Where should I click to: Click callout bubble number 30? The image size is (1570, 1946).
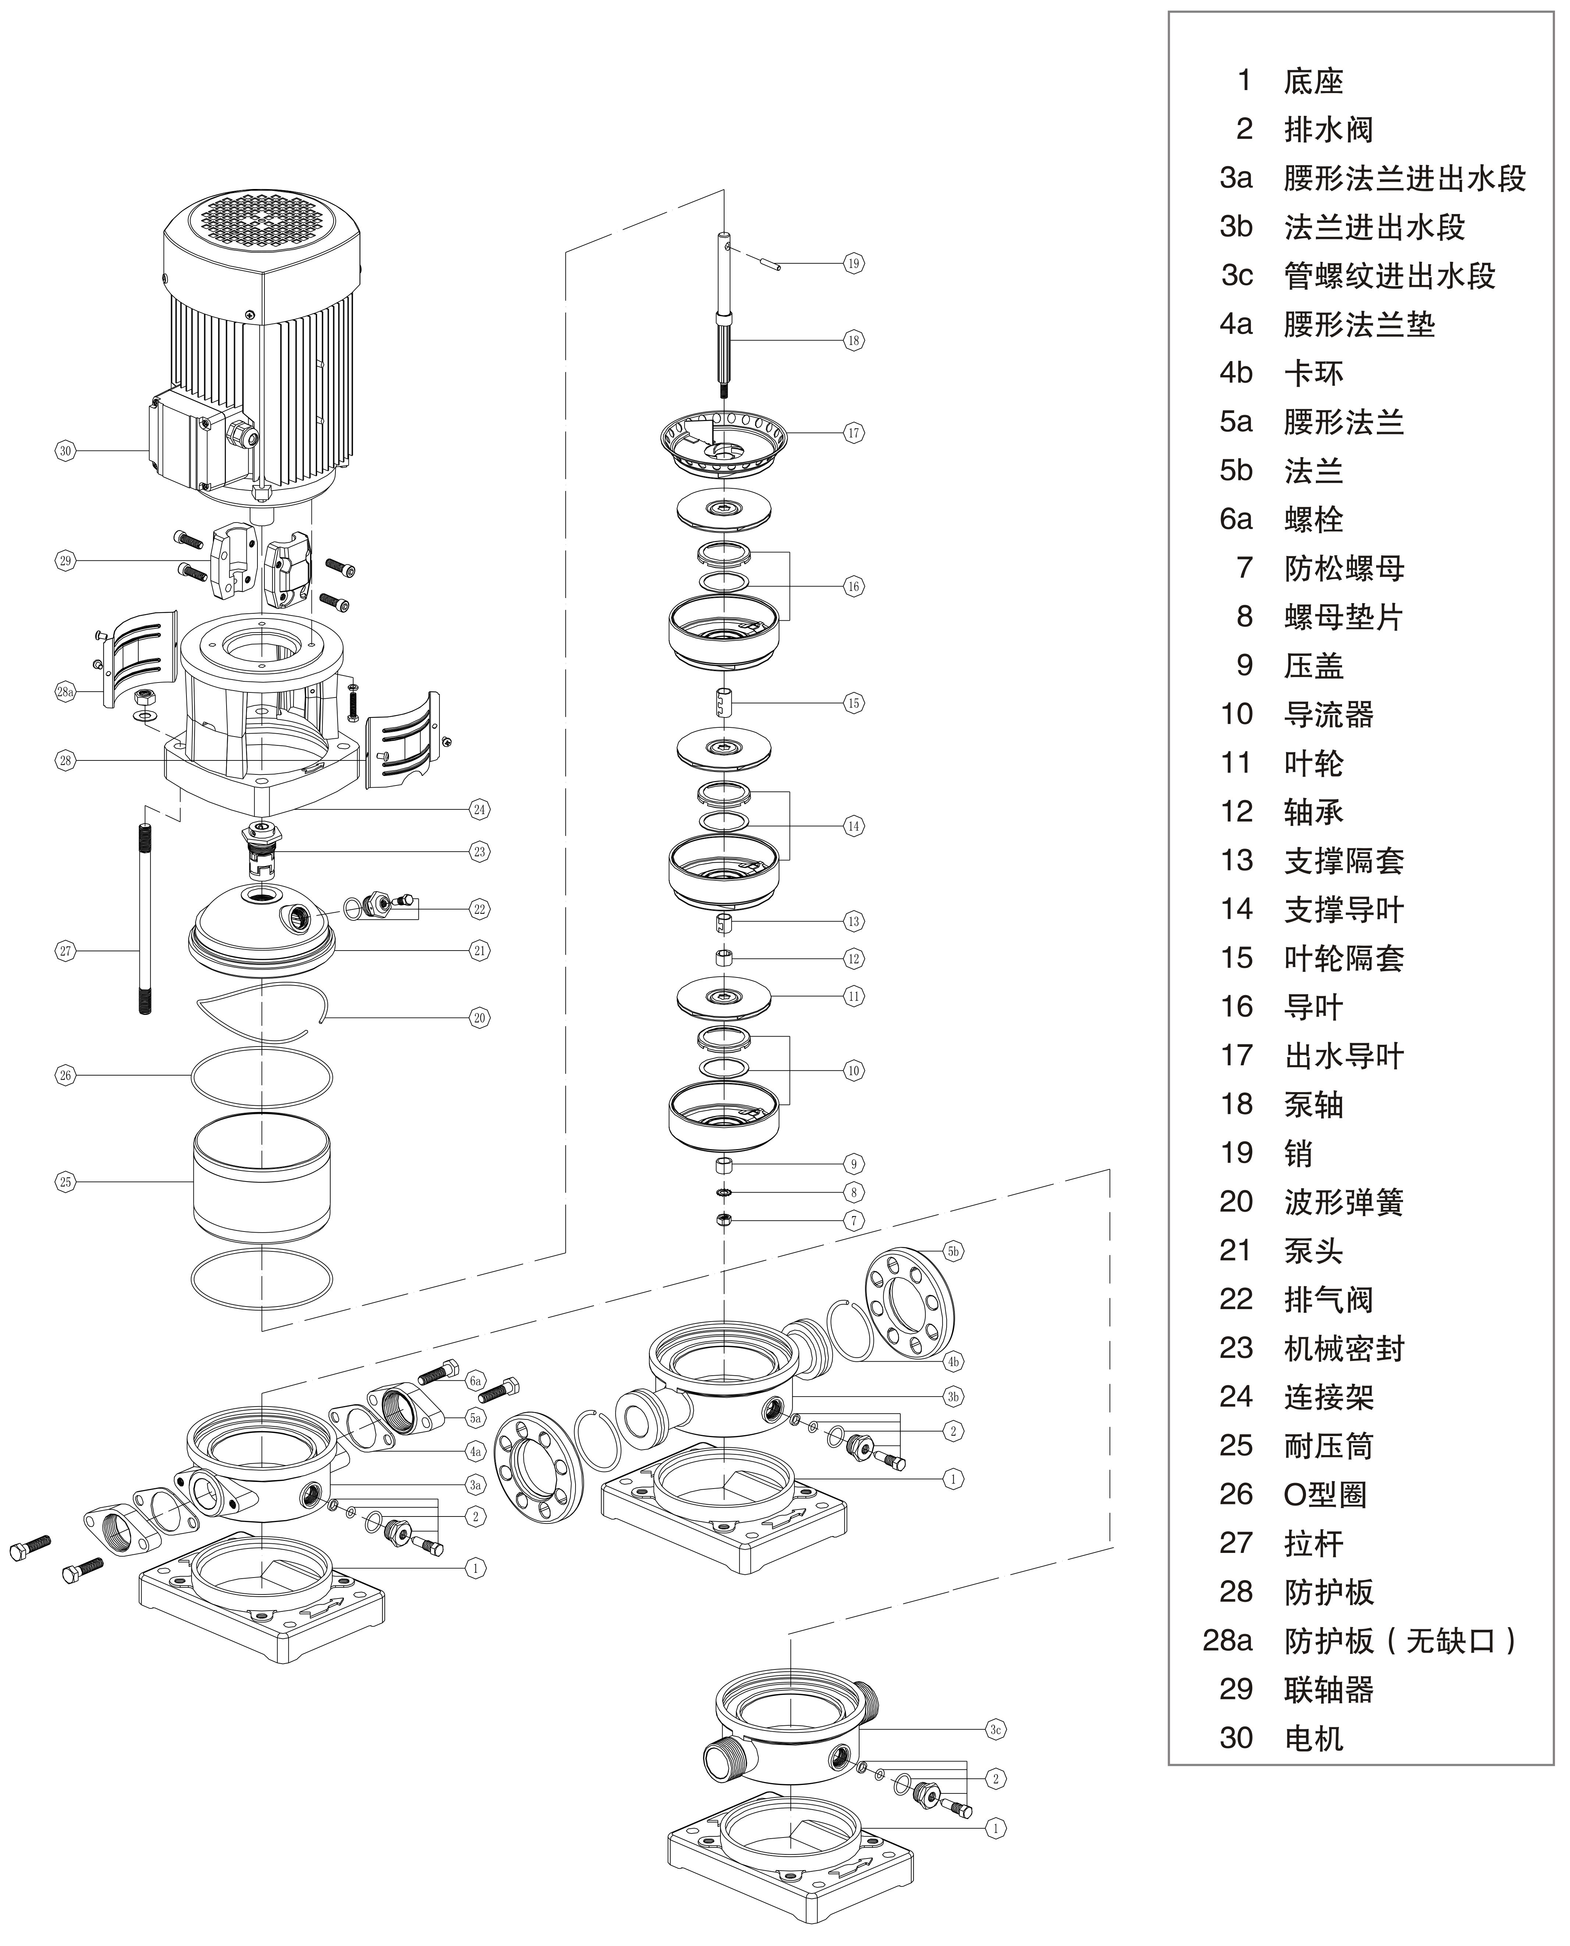65,450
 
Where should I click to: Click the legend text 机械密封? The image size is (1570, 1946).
1344,1348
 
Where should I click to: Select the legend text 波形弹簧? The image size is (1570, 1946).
1344,1202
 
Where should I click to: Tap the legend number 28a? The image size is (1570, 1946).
1227,1640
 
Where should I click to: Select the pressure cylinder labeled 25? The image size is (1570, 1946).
261,1180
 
